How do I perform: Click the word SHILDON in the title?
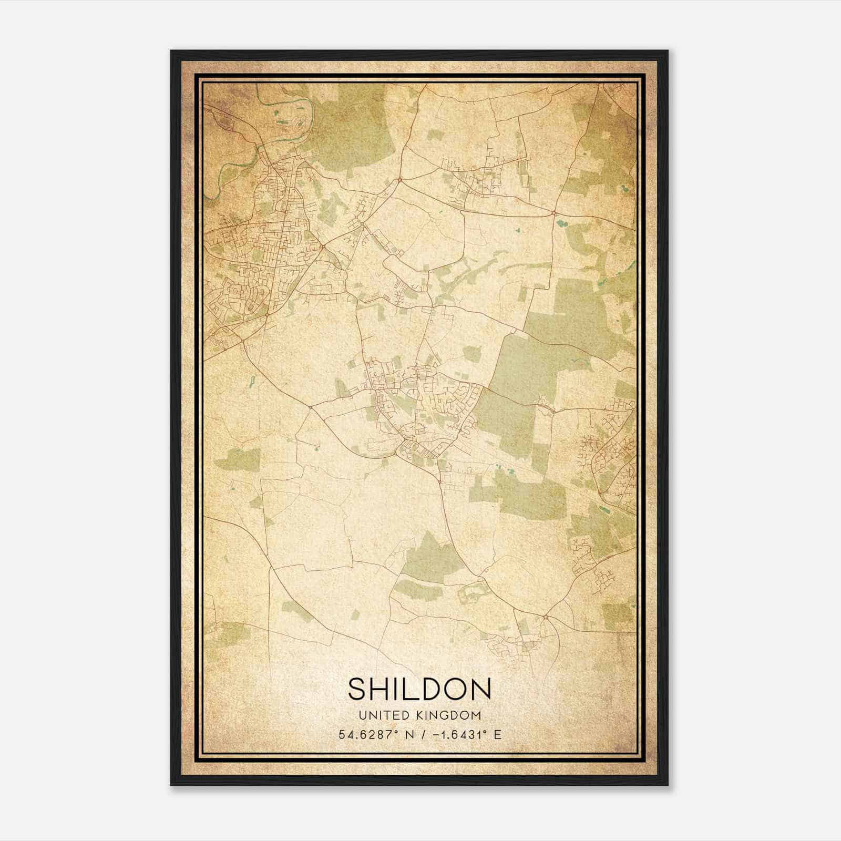pyautogui.click(x=419, y=689)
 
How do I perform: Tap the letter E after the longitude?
pyautogui.click(x=497, y=734)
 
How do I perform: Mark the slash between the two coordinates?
pyautogui.click(x=423, y=734)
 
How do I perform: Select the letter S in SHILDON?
pyautogui.click(x=357, y=689)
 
